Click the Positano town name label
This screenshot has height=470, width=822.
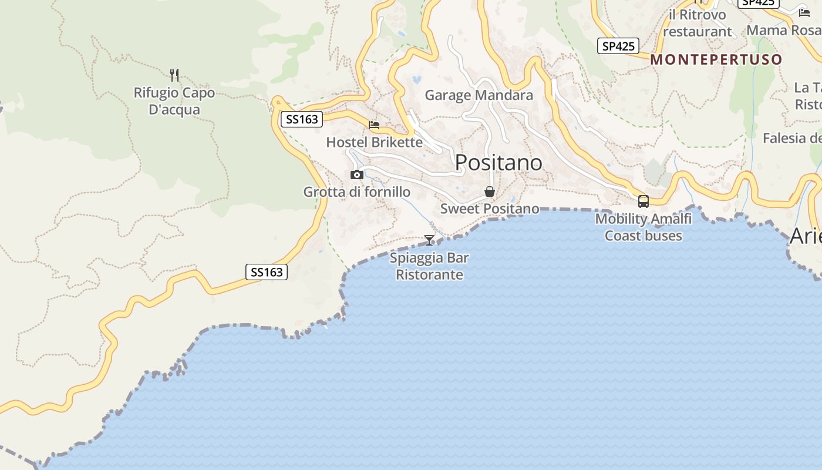click(498, 162)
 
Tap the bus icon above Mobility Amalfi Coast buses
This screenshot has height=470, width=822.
click(644, 201)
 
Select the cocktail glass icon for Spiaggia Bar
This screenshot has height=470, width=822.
click(429, 240)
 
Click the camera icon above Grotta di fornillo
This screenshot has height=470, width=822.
click(356, 174)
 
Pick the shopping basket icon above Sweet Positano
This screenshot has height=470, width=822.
click(489, 192)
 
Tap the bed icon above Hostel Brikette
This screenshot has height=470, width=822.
click(374, 125)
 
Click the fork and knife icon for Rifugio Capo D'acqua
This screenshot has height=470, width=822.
click(174, 75)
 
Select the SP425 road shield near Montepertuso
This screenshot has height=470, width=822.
click(618, 46)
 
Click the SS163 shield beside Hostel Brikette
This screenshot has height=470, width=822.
click(302, 119)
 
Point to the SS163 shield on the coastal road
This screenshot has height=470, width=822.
click(266, 272)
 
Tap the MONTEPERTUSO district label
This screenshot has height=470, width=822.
click(716, 59)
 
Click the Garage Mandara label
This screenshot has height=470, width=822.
click(479, 95)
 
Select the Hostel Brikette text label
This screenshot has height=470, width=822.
click(374, 142)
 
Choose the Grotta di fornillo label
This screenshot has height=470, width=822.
click(356, 192)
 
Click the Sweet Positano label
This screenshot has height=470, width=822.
click(490, 209)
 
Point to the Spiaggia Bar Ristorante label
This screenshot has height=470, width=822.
click(429, 266)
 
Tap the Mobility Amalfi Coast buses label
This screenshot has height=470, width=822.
click(644, 227)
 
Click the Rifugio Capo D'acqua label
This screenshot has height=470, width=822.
click(174, 101)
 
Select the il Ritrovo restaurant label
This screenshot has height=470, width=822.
click(697, 23)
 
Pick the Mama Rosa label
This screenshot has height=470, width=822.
click(783, 30)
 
